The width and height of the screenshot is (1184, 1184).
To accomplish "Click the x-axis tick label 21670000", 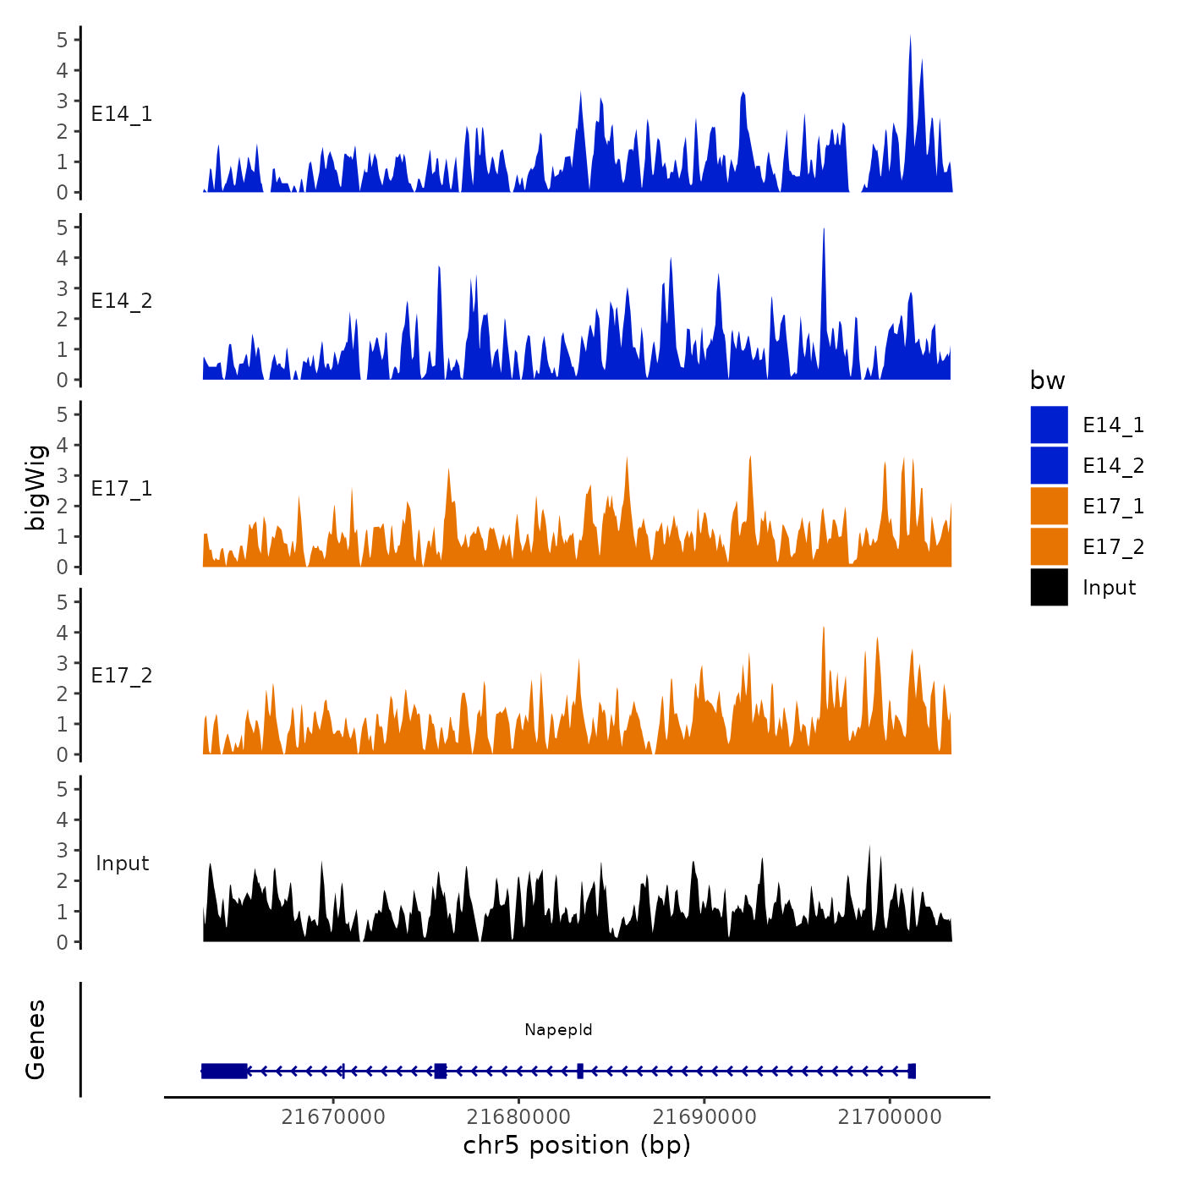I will click(x=333, y=1116).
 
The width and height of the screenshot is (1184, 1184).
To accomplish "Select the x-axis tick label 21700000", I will click(x=890, y=1116).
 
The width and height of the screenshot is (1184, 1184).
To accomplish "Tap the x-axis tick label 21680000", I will click(x=518, y=1116).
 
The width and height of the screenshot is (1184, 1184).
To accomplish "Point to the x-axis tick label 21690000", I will click(x=704, y=1116).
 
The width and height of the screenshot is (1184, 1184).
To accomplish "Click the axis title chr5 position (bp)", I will click(x=577, y=1145).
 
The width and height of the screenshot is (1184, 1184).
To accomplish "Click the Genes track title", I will click(x=36, y=1039).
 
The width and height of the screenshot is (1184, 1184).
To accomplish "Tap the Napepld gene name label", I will click(x=558, y=1029).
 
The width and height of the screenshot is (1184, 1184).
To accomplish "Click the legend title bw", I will click(x=1047, y=381).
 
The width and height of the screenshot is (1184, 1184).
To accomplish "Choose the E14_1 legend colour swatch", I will click(x=1049, y=425).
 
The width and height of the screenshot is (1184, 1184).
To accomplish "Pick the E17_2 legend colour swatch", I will click(x=1049, y=546).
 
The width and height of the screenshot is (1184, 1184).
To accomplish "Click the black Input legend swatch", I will click(x=1049, y=587).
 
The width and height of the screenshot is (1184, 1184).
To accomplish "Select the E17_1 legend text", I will click(x=1113, y=506).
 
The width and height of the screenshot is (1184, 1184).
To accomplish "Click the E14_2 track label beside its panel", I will click(x=122, y=301).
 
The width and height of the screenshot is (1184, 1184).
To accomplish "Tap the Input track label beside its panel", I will click(x=122, y=863).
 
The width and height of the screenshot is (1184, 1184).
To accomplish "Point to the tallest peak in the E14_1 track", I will click(x=910, y=39).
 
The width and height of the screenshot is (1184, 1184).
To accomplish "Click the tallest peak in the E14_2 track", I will click(x=824, y=231).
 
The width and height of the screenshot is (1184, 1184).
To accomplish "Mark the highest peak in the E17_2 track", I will click(x=823, y=629).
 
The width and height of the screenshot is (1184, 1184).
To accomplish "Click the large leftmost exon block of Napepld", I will click(x=224, y=1071).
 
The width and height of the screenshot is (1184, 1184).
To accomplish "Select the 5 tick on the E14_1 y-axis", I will click(x=63, y=40).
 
